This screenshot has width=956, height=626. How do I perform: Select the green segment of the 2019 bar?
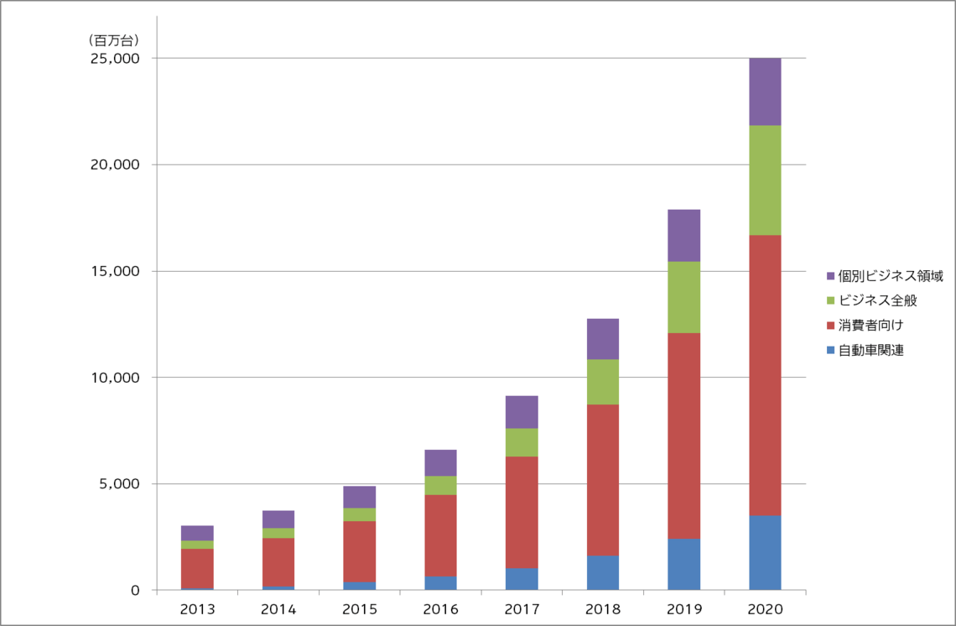point(683,297)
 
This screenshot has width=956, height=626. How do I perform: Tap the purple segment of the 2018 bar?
point(602,339)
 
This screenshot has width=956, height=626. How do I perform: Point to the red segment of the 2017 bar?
point(521,512)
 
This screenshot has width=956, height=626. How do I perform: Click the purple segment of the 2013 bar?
point(197,533)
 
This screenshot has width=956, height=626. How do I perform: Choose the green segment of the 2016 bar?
point(440,485)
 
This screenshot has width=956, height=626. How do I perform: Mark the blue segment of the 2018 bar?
point(602,572)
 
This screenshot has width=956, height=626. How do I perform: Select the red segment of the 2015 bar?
point(359,551)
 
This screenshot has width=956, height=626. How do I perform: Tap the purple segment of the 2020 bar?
point(764,91)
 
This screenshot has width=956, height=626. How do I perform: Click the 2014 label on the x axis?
point(278,608)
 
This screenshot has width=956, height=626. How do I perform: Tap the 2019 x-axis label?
point(683,608)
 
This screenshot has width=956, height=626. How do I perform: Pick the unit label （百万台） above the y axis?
point(113,39)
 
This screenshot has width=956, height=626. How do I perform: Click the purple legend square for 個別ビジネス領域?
point(830,277)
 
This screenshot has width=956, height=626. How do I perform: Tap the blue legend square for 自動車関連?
point(830,350)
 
